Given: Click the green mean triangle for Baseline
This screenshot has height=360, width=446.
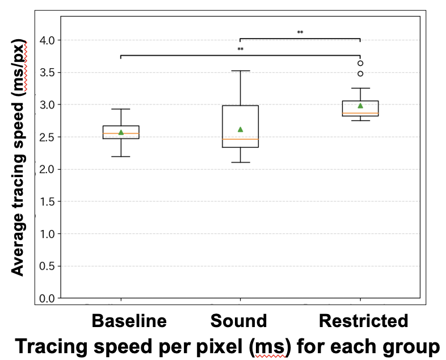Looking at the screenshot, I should [x=121, y=132].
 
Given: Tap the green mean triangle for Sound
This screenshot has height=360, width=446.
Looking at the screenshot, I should [x=240, y=129].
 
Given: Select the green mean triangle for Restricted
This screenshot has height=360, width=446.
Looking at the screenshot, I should [x=360, y=106].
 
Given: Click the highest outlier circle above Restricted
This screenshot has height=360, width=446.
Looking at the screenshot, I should [x=360, y=63].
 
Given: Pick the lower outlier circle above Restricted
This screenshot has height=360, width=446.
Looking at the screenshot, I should [x=360, y=74].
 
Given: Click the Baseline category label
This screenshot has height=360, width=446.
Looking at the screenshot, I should [x=129, y=321].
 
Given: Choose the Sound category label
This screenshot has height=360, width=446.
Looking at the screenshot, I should [x=238, y=321].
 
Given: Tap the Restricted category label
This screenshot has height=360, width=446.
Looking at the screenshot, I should [x=363, y=321].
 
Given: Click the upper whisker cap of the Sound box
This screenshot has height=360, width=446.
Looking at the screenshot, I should [x=240, y=71].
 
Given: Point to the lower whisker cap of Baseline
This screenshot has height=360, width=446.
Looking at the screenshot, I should [x=121, y=156].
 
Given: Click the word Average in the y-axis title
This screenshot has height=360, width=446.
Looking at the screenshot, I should [x=18, y=245].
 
